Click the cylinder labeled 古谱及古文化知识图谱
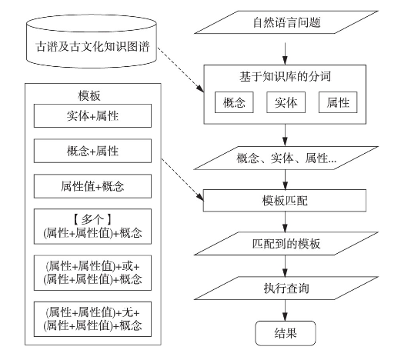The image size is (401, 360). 92,41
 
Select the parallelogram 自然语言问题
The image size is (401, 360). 286,22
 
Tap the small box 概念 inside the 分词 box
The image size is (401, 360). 234,102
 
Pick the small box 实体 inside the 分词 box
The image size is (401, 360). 286,102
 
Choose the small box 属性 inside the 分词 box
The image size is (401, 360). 338,102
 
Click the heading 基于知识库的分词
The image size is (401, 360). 285,76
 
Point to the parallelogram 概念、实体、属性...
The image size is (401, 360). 286,158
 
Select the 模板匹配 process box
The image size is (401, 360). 285,201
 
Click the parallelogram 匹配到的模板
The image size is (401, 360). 286,244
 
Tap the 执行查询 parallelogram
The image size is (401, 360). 286,288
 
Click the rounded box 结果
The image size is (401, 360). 286,333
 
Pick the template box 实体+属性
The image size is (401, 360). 92,115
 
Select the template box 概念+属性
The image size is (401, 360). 92,151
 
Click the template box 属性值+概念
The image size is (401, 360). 92,186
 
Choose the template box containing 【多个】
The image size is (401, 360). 92,226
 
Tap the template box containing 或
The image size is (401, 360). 92,273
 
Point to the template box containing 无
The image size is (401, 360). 92,319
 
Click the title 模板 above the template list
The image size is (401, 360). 89,95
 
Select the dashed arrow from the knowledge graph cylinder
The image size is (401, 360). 181,69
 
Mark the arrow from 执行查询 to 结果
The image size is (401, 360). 285,310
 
